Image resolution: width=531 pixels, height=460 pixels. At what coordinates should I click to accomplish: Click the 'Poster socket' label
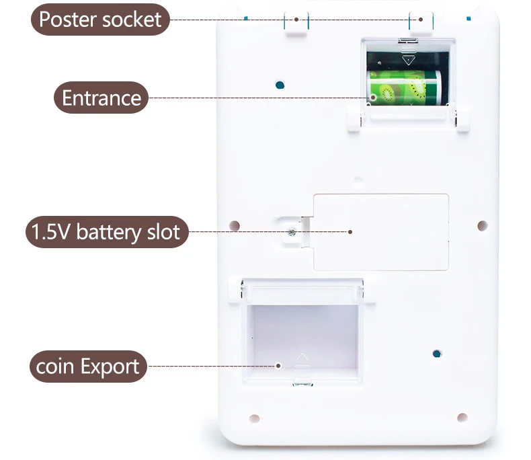click(x=100, y=20)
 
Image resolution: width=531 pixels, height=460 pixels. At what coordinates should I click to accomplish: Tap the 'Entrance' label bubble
click(x=101, y=98)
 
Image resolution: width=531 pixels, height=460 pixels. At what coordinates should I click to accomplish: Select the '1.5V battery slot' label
click(x=107, y=232)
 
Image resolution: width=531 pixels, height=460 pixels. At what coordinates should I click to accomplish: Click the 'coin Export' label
click(x=88, y=366)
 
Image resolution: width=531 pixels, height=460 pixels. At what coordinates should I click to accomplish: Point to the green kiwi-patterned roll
click(x=404, y=87)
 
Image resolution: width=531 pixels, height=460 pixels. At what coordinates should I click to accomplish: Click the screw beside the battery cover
click(x=291, y=233)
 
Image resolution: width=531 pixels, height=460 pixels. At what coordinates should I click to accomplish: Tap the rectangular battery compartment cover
click(x=381, y=233)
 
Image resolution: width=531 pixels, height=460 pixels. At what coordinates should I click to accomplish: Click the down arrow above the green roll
click(x=409, y=61)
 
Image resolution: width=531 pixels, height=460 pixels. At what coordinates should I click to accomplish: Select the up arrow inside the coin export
click(x=302, y=358)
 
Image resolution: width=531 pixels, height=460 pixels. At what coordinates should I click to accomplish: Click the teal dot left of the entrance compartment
click(x=280, y=85)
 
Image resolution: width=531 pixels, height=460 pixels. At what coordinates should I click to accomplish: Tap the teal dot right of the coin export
click(x=437, y=354)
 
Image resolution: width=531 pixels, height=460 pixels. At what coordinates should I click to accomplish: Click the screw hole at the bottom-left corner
click(x=254, y=418)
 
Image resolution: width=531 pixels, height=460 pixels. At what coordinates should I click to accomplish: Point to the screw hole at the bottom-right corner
click(x=462, y=418)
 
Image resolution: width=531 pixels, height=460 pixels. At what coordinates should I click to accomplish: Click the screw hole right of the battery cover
click(x=482, y=225)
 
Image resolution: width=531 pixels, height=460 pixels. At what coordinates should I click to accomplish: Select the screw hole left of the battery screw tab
click(x=235, y=225)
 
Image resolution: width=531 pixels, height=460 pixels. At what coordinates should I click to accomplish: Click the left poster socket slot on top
click(x=296, y=23)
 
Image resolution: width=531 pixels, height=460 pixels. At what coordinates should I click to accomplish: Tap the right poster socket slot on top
click(x=421, y=22)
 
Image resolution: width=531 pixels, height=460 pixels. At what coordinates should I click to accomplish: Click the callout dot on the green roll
click(x=373, y=98)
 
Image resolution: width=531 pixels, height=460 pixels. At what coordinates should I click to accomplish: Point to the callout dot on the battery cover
click(x=350, y=232)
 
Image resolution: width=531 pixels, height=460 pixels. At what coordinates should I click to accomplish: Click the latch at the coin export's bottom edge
click(x=302, y=383)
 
